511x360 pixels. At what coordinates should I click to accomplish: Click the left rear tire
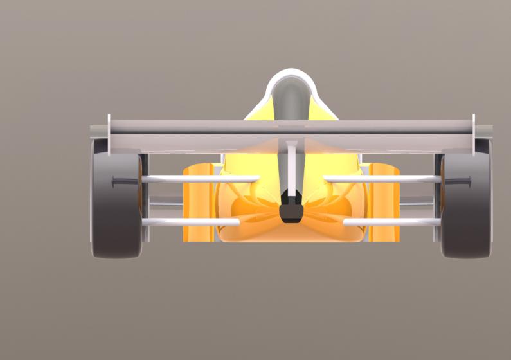click(116, 212)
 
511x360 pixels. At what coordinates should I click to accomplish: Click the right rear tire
click(465, 212)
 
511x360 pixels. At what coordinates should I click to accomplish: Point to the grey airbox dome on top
click(291, 96)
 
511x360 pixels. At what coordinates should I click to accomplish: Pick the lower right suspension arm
click(392, 222)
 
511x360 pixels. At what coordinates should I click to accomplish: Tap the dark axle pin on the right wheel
click(458, 182)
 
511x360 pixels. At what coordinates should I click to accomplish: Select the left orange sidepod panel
click(198, 203)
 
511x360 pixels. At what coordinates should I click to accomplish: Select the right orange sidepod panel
click(384, 203)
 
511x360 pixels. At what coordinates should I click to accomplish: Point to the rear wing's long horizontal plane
click(291, 127)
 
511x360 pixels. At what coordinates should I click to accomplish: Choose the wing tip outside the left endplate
click(98, 132)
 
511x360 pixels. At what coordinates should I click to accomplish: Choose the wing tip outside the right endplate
click(484, 132)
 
